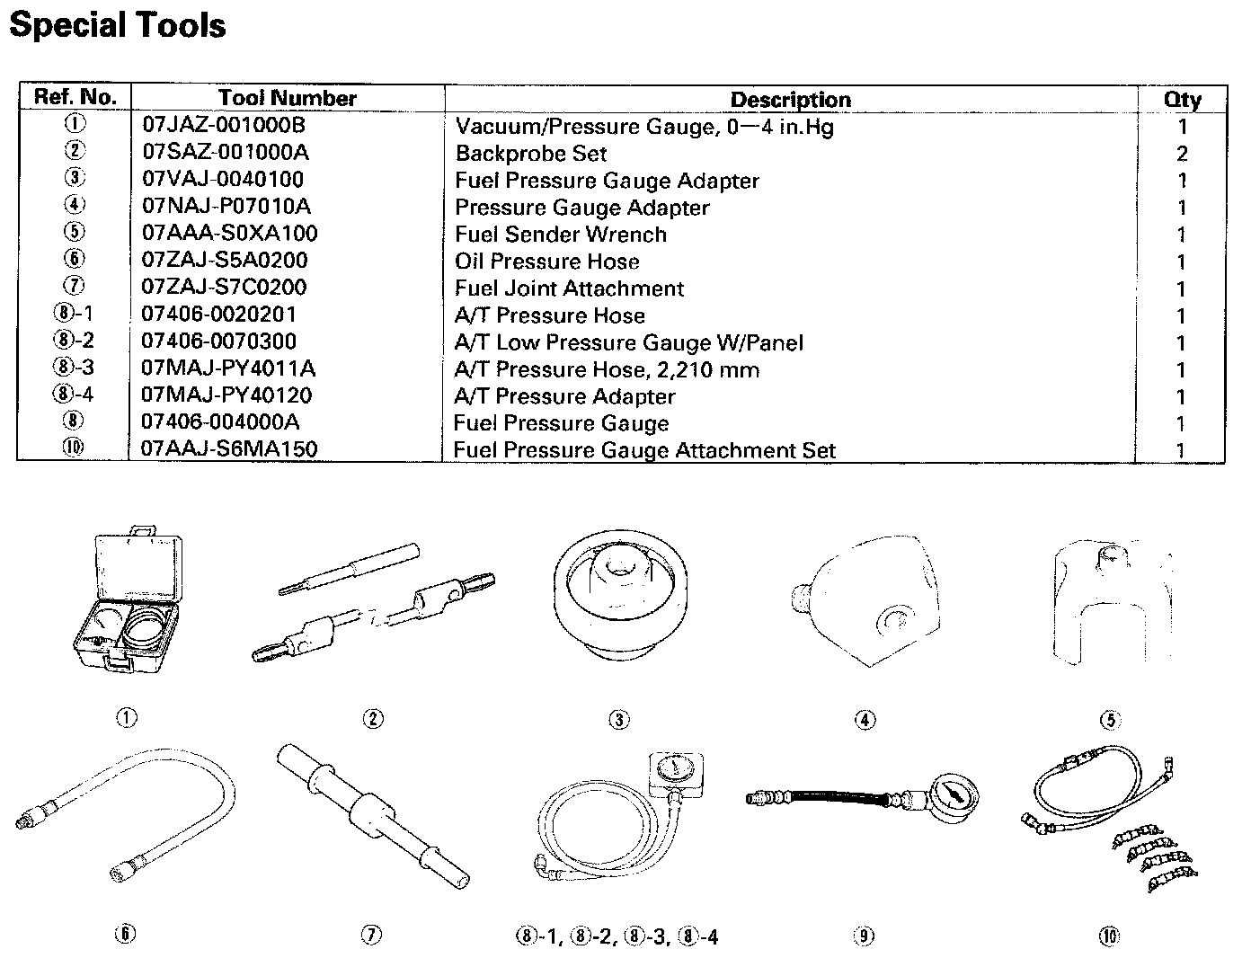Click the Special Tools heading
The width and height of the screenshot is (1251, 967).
[118, 24]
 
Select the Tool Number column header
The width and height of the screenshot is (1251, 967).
[287, 99]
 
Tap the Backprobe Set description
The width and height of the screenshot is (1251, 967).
[530, 154]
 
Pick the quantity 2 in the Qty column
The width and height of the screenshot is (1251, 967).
[1182, 154]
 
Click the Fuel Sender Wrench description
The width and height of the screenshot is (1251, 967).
[560, 235]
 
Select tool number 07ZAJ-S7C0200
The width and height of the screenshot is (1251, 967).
[224, 288]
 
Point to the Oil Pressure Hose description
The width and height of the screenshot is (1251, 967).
[546, 262]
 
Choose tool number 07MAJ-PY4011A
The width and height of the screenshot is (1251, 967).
[228, 368]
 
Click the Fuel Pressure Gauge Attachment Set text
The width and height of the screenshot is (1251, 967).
[644, 450]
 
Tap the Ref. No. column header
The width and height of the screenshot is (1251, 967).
[75, 97]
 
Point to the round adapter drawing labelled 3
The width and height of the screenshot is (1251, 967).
[618, 609]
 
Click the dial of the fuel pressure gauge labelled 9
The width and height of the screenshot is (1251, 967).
[957, 795]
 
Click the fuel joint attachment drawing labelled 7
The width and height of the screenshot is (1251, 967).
[372, 814]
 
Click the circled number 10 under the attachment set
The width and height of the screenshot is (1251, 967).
[1109, 936]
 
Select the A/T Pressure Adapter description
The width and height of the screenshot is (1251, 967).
[564, 396]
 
